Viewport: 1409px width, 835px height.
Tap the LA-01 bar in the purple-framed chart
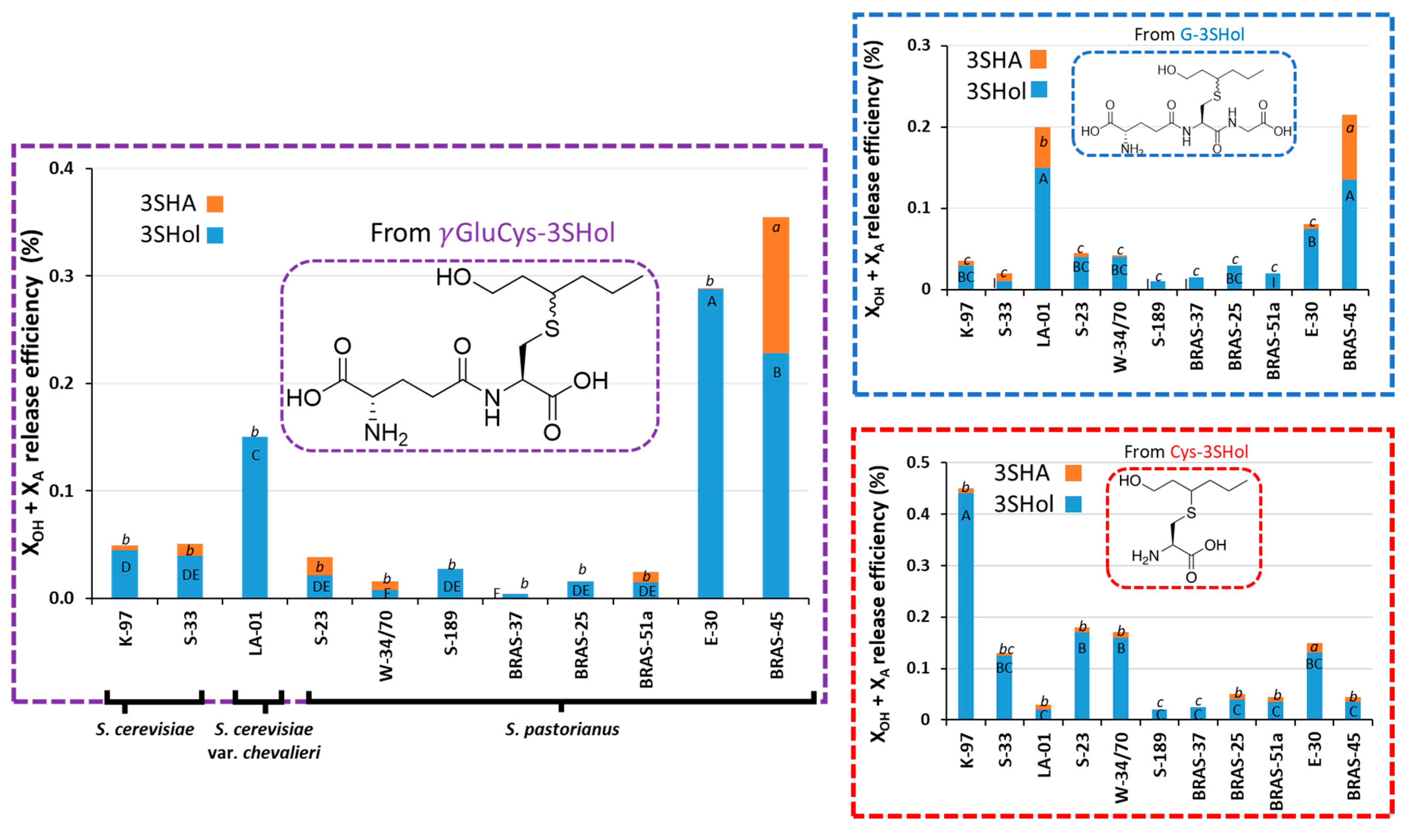255,518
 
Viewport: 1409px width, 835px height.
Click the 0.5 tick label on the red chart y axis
918,463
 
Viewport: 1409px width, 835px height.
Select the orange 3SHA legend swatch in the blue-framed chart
1038,59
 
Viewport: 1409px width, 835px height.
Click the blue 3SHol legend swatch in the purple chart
215,235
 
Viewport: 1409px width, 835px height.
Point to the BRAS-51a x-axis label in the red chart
1276,771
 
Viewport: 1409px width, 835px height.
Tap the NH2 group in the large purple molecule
385,434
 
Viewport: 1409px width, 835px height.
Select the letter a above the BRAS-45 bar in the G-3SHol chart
1350,128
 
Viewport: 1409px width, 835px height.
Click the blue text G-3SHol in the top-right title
1212,35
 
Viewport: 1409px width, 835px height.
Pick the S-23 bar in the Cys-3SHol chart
1081,675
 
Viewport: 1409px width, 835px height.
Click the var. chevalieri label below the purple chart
264,753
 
